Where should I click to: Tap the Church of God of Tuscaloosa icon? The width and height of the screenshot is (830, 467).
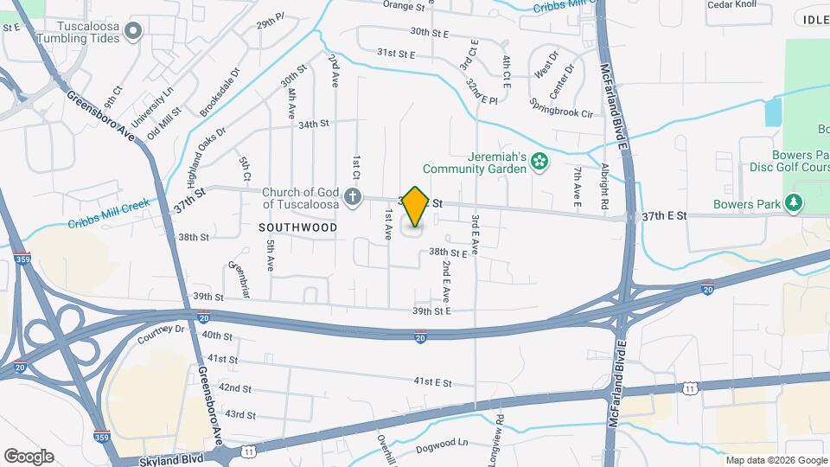pos(352,198)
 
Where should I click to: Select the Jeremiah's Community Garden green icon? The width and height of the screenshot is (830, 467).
pos(540,162)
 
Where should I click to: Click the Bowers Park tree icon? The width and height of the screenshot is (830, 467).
pos(793,203)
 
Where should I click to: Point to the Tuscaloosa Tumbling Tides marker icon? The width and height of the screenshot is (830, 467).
pos(132,33)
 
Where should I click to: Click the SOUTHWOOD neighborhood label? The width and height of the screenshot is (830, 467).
pos(297,227)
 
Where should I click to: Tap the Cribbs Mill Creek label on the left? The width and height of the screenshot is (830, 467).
pos(109,214)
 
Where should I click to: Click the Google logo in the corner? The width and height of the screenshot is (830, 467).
pos(29,456)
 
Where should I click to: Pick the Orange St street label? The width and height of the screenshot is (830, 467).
pos(404,5)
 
